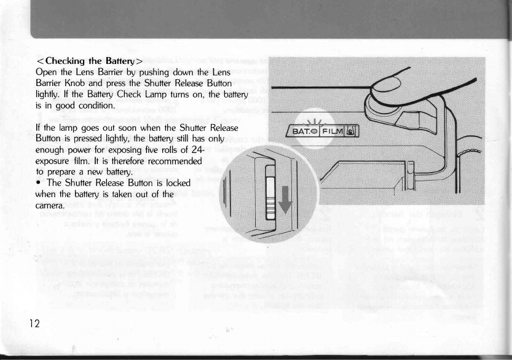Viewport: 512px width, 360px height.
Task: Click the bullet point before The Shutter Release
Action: click(x=39, y=183)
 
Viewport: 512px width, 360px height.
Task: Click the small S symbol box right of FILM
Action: click(x=350, y=131)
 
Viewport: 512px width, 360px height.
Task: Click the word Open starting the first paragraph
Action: click(x=48, y=72)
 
